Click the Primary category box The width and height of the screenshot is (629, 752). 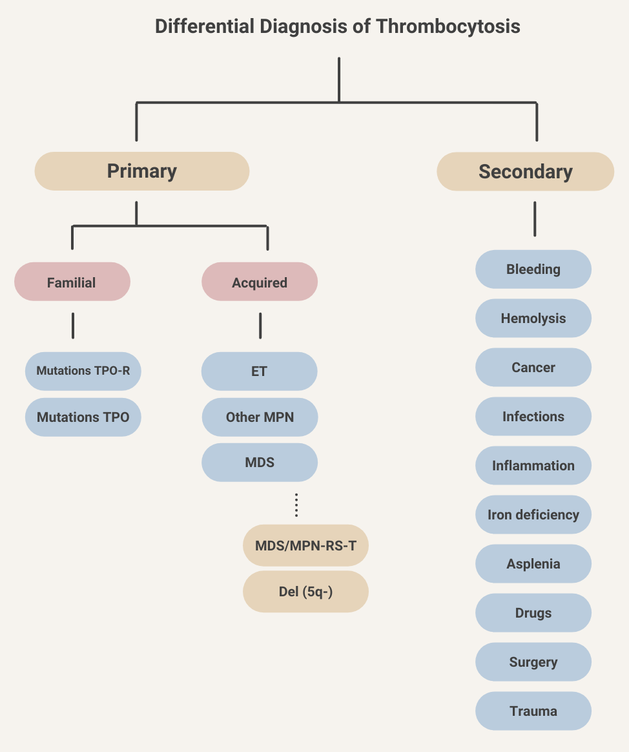[x=141, y=171]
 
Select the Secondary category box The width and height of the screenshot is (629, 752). [x=525, y=172]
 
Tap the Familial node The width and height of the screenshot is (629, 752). [x=72, y=282]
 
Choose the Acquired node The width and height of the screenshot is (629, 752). [x=260, y=282]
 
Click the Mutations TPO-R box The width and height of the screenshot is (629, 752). [x=83, y=371]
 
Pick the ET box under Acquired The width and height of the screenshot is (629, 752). [x=260, y=371]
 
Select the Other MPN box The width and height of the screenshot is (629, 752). [x=260, y=417]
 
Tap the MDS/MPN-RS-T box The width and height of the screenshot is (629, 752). [x=305, y=545]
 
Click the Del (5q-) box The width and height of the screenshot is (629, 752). [x=305, y=591]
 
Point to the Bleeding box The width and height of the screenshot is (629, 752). [x=533, y=269]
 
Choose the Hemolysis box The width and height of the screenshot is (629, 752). [x=533, y=319]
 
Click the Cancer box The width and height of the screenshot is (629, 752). [x=533, y=368]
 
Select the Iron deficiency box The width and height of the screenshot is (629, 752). [x=533, y=515]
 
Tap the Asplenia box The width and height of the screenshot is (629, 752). [x=533, y=564]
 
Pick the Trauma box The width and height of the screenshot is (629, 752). [x=533, y=711]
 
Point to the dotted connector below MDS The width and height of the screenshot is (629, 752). [x=296, y=505]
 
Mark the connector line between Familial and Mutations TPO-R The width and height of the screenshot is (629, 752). [x=73, y=326]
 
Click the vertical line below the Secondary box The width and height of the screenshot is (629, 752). [x=535, y=219]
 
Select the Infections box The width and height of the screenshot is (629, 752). [x=533, y=417]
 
